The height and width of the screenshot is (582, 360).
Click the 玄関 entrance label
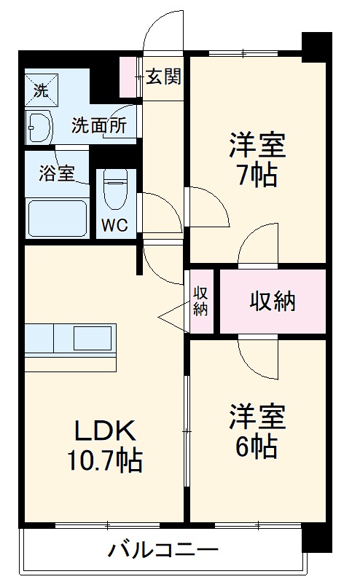163,76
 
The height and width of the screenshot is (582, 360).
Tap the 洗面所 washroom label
98,125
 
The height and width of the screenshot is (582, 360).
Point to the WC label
114,225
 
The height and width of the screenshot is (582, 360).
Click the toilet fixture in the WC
114,190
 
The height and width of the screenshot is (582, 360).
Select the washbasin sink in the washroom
39,128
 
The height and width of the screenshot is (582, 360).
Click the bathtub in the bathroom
58,216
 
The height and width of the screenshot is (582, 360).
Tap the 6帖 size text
256,447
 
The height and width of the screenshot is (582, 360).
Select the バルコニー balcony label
163,549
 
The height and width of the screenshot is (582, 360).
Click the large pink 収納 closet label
273,301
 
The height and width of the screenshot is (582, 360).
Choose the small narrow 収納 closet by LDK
201,301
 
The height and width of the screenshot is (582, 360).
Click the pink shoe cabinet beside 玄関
130,76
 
